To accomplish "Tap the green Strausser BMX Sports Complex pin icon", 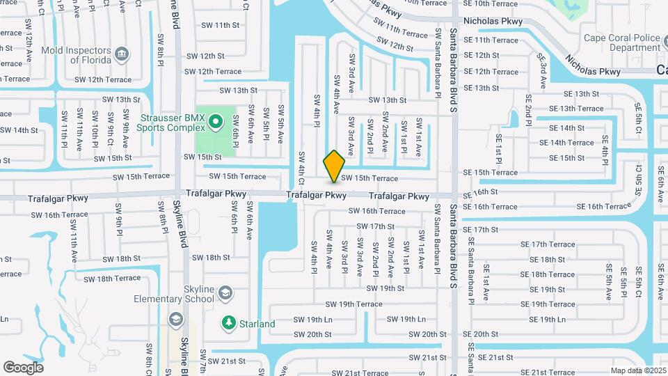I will tap(216, 123).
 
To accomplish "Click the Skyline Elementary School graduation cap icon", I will tap(225, 294).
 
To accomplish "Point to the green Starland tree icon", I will tap(228, 323).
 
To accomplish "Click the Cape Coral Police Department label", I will tap(621, 42).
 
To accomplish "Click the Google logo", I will tap(24, 367).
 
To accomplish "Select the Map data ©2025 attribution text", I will tap(638, 370).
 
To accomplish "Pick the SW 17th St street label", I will tap(376, 226).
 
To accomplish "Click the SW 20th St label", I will tap(312, 334).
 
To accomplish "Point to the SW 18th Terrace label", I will tap(112, 279).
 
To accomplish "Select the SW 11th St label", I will tap(217, 25).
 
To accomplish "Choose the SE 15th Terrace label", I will tap(491, 173).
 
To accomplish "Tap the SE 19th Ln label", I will tap(547, 319).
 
